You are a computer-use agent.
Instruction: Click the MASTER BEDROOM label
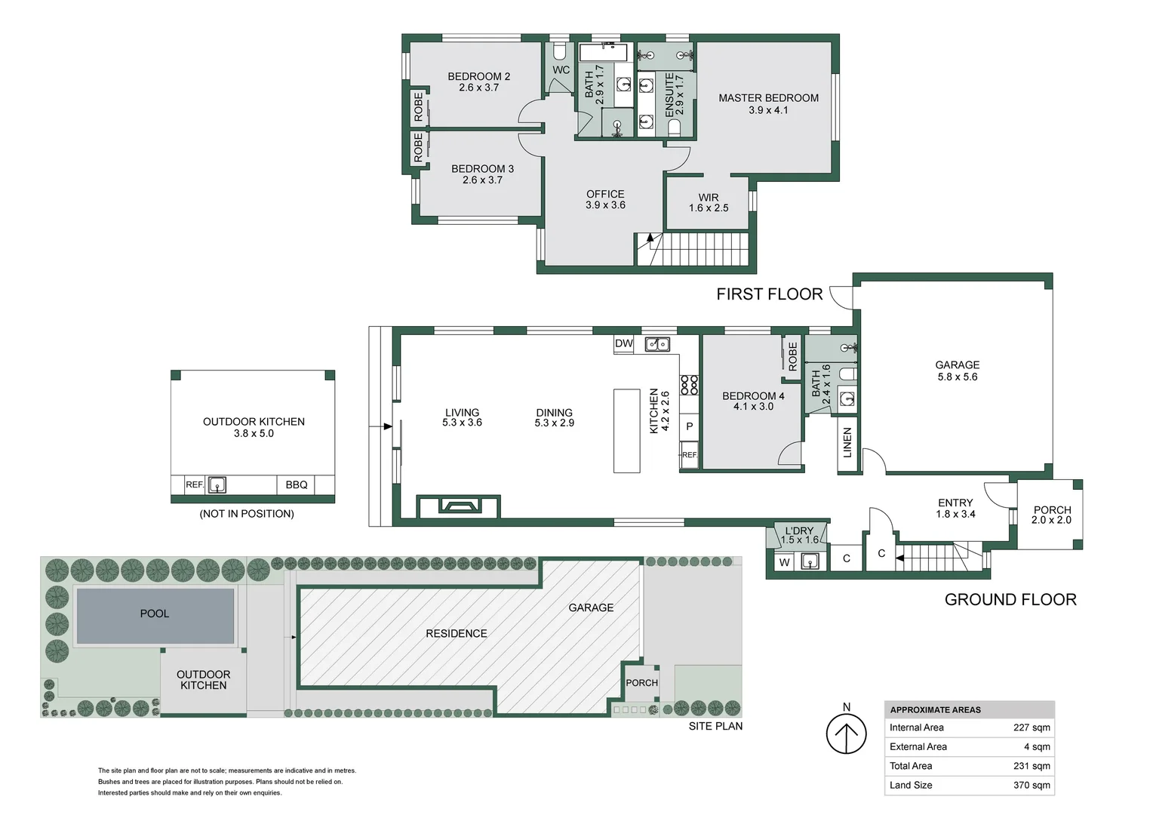[x=768, y=103]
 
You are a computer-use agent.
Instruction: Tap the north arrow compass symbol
[x=846, y=733]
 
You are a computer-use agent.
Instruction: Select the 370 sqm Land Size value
[x=1031, y=785]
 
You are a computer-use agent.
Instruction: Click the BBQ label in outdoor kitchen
[x=296, y=484]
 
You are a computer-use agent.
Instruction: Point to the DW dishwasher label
[x=623, y=343]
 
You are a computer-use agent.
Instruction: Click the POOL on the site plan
[x=155, y=614]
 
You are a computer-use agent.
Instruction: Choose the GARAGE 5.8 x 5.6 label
[x=957, y=371]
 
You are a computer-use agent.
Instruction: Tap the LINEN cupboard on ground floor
[x=847, y=442]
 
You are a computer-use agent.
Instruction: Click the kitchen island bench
[x=626, y=430]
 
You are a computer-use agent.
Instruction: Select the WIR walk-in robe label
[x=708, y=202]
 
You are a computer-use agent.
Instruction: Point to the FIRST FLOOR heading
[x=769, y=294]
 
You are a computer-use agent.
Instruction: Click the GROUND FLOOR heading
[x=1010, y=599]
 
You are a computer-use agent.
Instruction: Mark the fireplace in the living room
[x=459, y=506]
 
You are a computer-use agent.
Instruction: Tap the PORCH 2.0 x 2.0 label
[x=1051, y=515]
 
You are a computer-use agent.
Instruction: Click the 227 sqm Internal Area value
[x=1031, y=727]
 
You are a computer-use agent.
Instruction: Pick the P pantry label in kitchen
[x=689, y=426]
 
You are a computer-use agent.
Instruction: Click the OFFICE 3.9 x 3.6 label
[x=605, y=199]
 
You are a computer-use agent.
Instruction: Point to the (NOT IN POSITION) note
[x=247, y=514]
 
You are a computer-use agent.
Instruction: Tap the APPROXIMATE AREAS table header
[x=935, y=709]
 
